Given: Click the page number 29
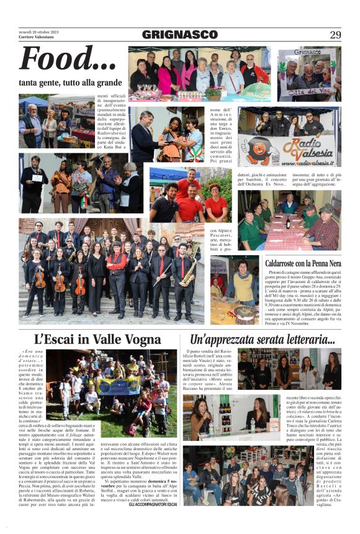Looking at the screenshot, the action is (x=335, y=35).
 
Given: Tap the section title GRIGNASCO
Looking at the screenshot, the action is (x=179, y=35).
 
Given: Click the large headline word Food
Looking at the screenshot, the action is (x=67, y=60).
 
